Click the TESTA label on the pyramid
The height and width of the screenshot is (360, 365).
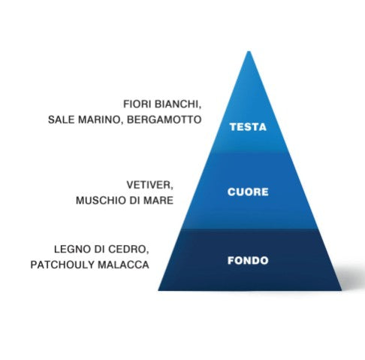pyautogui.click(x=248, y=127)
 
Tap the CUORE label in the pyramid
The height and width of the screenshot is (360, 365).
pyautogui.click(x=248, y=192)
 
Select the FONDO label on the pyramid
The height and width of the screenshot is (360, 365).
pyautogui.click(x=248, y=261)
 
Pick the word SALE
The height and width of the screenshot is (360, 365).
pyautogui.click(x=62, y=119)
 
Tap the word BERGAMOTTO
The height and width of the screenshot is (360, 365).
pyautogui.click(x=164, y=119)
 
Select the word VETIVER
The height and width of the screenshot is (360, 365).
pyautogui.click(x=149, y=186)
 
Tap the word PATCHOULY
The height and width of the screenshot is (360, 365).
pyautogui.click(x=62, y=265)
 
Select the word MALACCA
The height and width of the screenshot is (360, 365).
pyautogui.click(x=123, y=265)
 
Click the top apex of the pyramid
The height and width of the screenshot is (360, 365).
pyautogui.click(x=249, y=51)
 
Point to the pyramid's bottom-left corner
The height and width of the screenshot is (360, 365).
pyautogui.click(x=158, y=290)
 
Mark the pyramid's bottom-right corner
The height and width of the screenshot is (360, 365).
pyautogui.click(x=341, y=290)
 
